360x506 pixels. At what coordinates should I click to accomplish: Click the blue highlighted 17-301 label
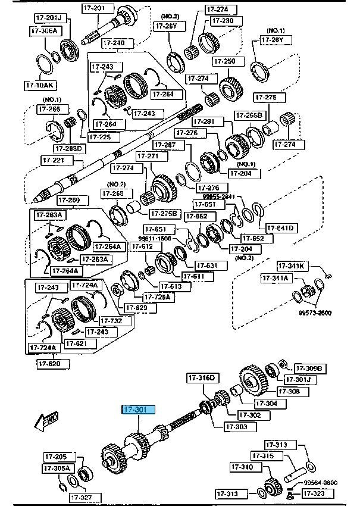pos(139,410)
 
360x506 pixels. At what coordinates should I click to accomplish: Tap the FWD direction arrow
pos(47,421)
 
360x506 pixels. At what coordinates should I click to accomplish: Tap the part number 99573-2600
pos(315,313)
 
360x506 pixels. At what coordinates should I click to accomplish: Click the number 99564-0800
pos(321,483)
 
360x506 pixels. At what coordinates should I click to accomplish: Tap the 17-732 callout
pos(111,320)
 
